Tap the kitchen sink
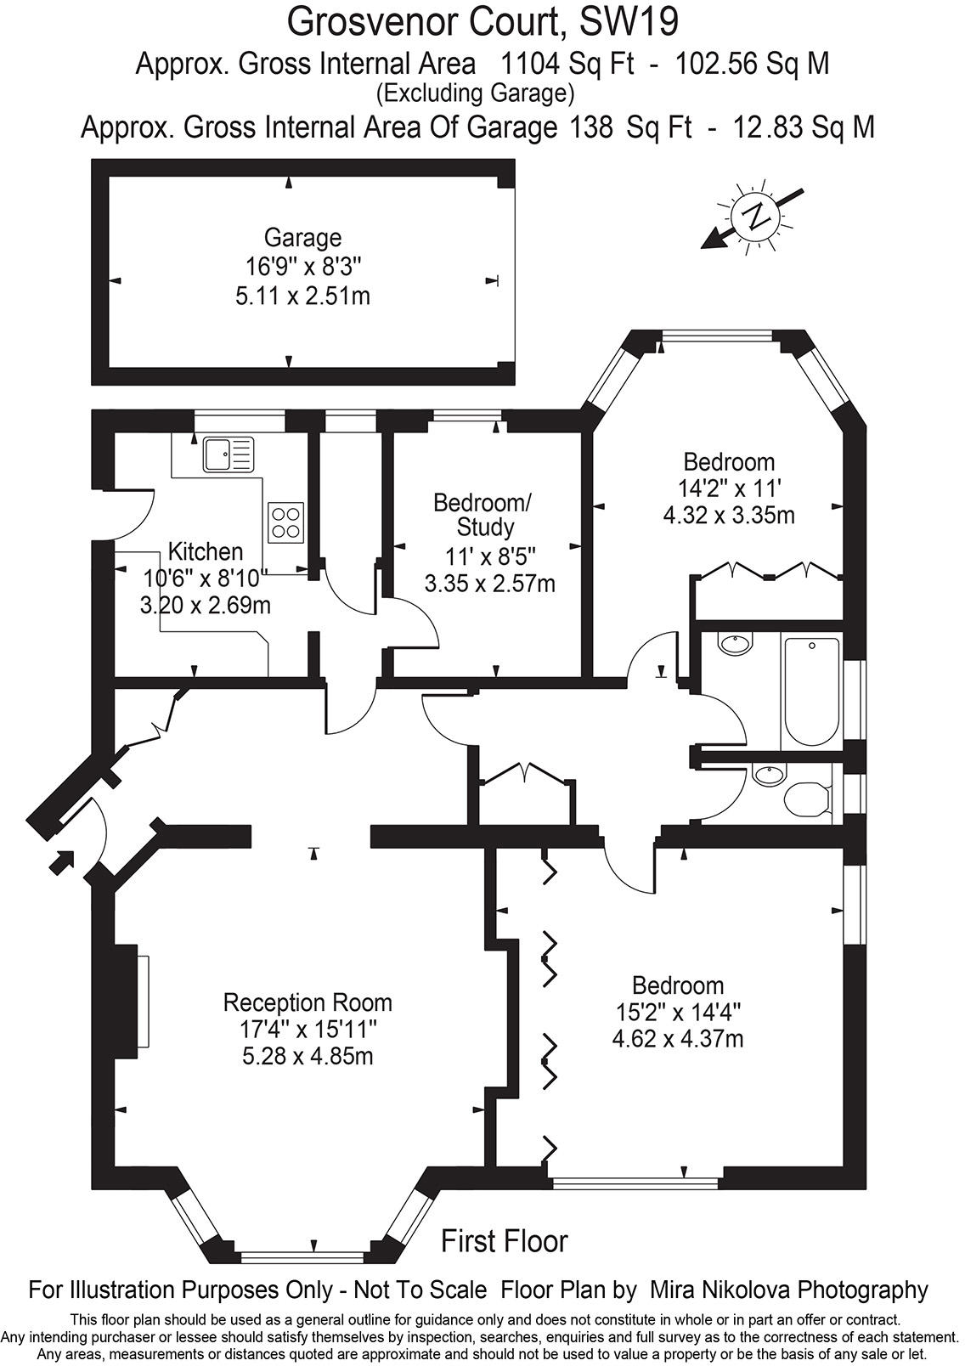pos(229,454)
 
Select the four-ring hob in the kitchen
pos(285,522)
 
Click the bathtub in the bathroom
pos(811,692)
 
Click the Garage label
pos(302,237)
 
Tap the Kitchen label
pos(206,551)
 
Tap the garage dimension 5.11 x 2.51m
pos(302,296)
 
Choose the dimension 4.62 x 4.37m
pos(678,1038)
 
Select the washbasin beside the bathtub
pos(736,644)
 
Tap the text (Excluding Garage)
pos(476,94)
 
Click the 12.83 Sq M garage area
pos(804,127)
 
